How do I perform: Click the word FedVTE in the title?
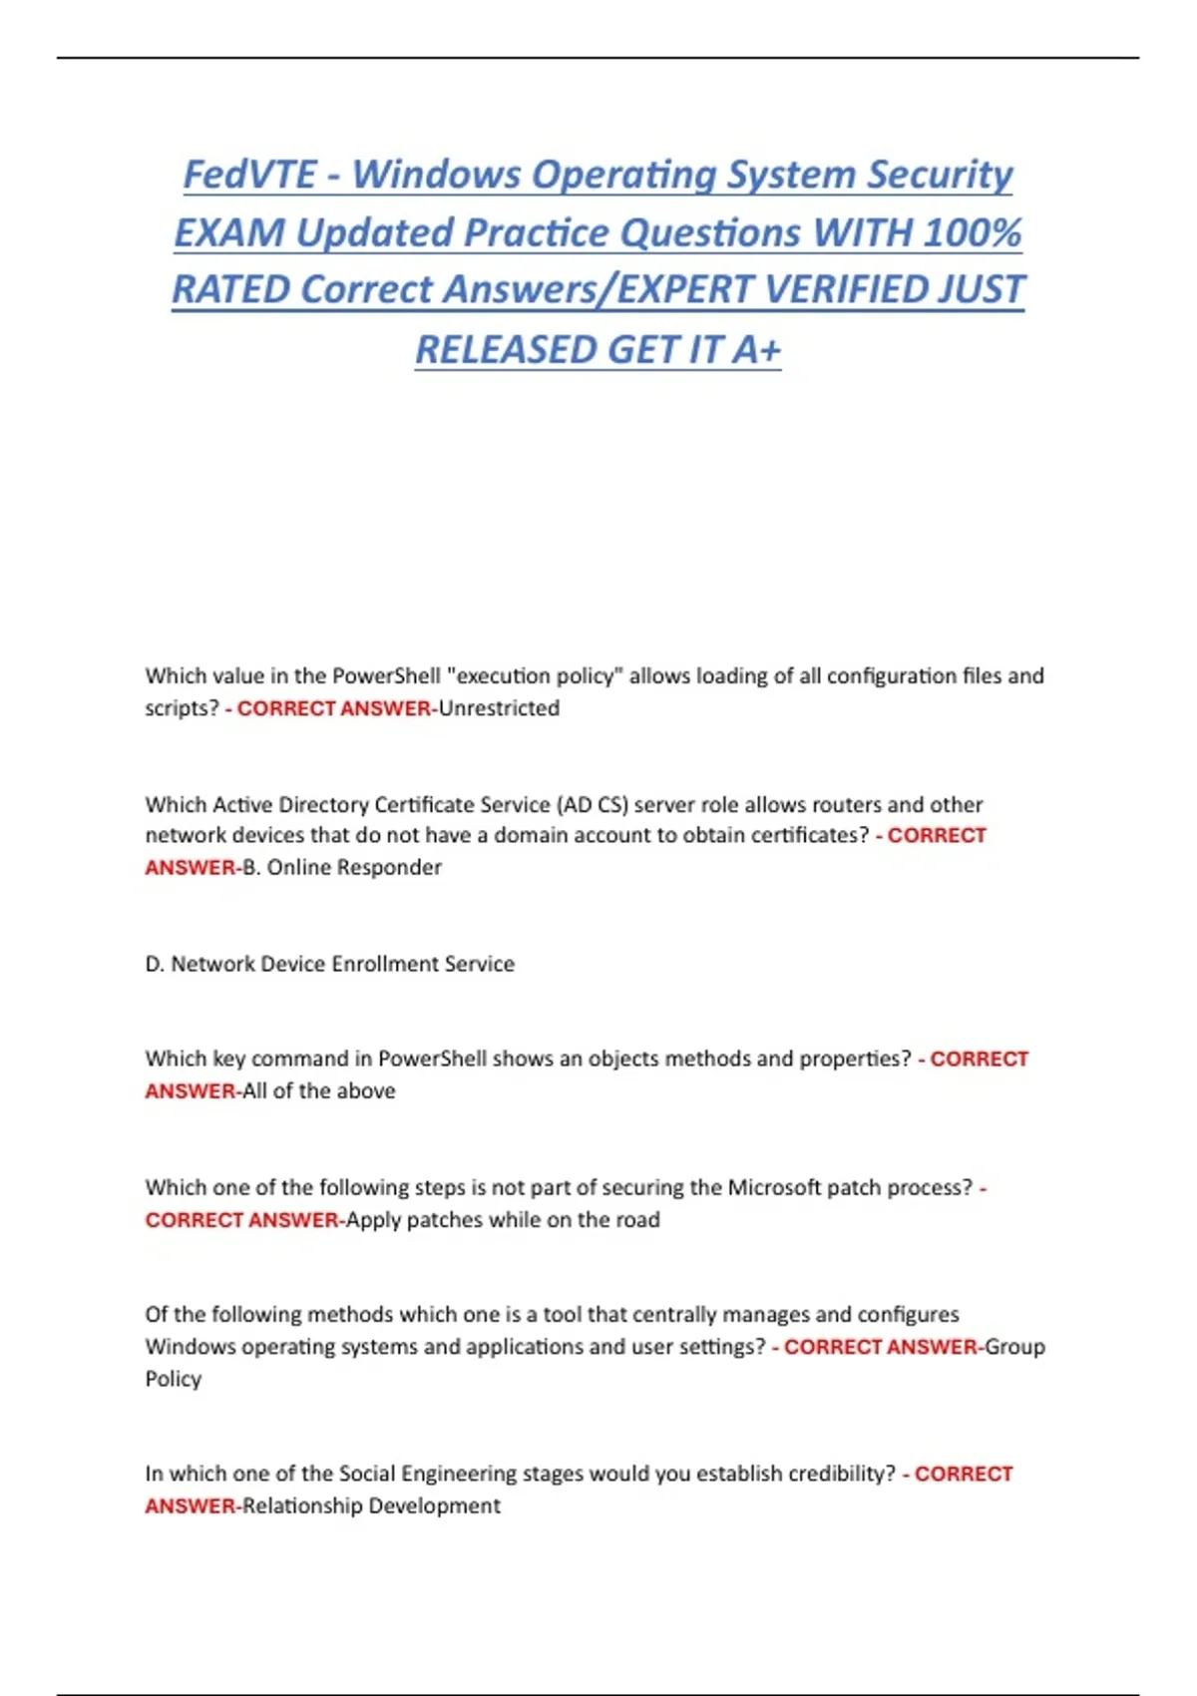[x=249, y=175]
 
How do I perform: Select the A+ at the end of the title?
[x=756, y=350]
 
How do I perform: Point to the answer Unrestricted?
[x=499, y=708]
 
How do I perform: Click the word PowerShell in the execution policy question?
[x=386, y=676]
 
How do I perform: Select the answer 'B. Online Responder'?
[x=342, y=868]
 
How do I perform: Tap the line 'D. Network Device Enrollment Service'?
[x=330, y=964]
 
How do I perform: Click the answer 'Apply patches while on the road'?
[x=503, y=1220]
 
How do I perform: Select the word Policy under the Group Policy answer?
[x=174, y=1379]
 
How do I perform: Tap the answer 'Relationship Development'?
[x=371, y=1506]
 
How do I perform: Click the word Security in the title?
[x=940, y=175]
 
